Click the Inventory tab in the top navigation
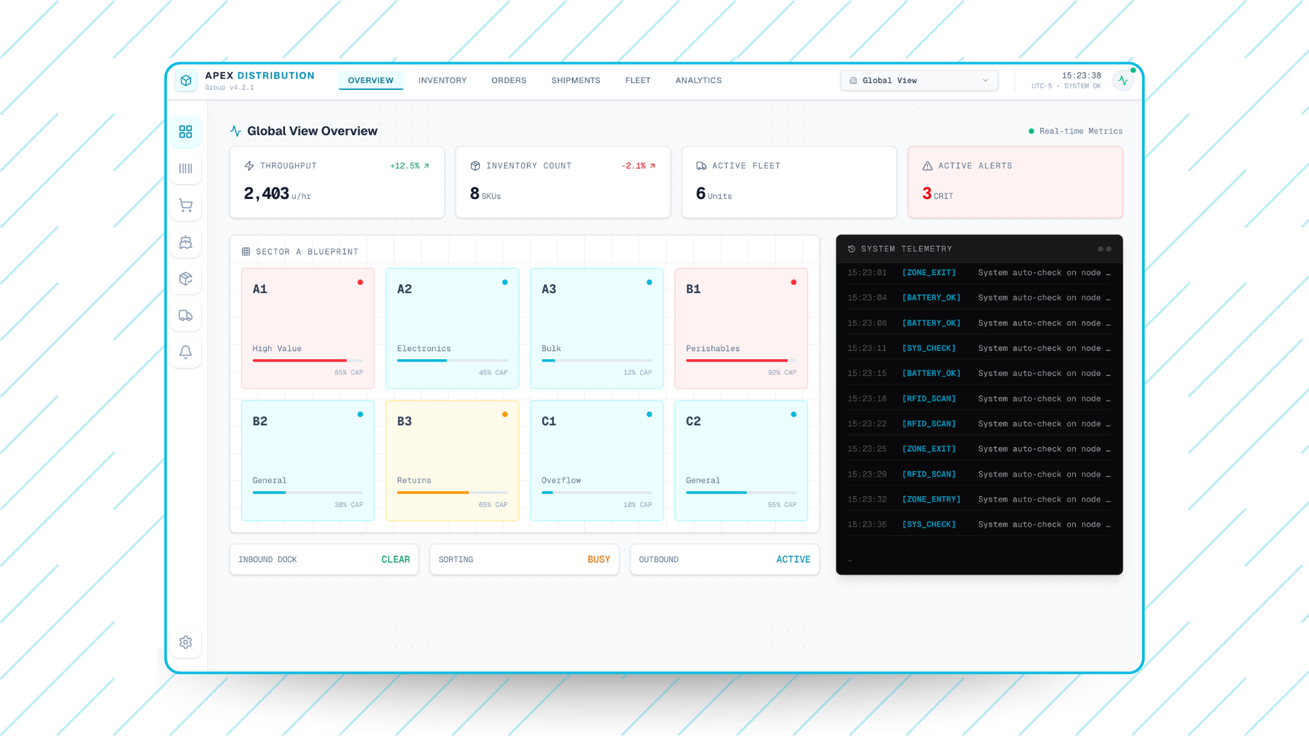point(442,80)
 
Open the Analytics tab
point(698,80)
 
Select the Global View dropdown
point(918,80)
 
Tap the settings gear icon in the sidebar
point(185,642)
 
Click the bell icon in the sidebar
point(185,352)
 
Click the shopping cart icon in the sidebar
point(185,205)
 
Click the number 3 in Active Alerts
point(927,194)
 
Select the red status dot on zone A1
point(360,282)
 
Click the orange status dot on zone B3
point(505,414)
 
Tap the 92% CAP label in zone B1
point(781,373)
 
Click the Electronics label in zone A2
point(423,348)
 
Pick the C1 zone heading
point(549,421)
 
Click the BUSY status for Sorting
point(599,559)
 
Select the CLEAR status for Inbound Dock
point(395,559)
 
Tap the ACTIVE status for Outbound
point(793,559)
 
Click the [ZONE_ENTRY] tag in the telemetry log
point(931,500)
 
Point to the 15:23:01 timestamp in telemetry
point(867,273)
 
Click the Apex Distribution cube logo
point(186,80)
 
